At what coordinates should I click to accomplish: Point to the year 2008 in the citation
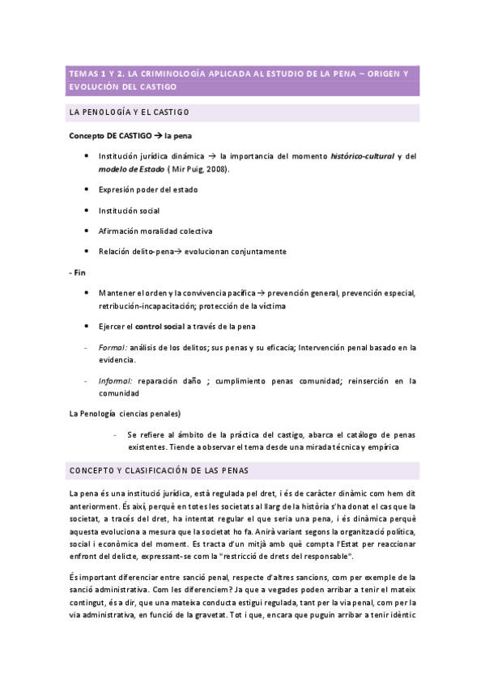click(x=215, y=168)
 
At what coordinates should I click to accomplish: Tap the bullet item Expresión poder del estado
click(x=148, y=189)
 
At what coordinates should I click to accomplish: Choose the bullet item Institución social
click(x=129, y=210)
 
